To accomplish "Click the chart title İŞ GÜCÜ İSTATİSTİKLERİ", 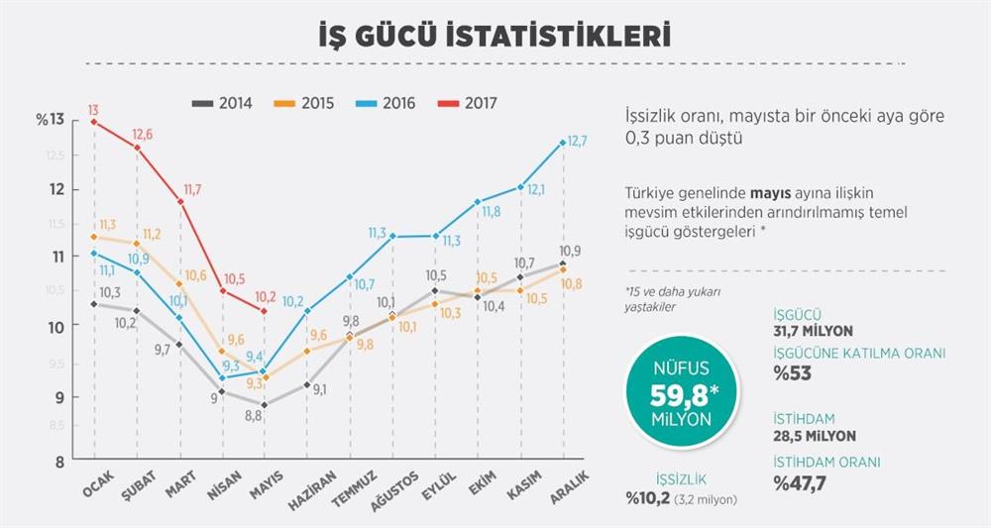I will pyautogui.click(x=495, y=36).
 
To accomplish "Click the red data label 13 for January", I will pyautogui.click(x=92, y=110).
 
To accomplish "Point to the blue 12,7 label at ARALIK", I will pyautogui.click(x=577, y=142).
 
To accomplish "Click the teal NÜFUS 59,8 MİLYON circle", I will pyautogui.click(x=681, y=394).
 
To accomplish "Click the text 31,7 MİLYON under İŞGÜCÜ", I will pyautogui.click(x=813, y=331).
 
